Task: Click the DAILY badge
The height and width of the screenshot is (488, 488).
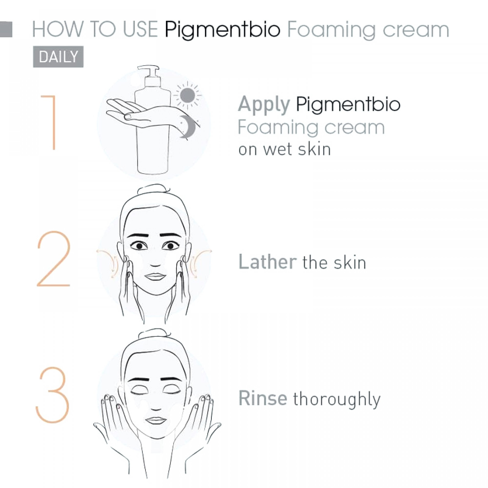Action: (x=58, y=57)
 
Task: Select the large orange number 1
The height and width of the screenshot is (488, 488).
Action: (x=51, y=122)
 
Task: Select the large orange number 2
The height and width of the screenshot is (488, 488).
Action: (x=53, y=259)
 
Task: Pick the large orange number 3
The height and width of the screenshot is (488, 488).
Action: (x=52, y=395)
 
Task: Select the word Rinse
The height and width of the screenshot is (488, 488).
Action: (x=263, y=398)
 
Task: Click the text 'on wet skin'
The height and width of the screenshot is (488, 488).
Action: (x=285, y=149)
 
